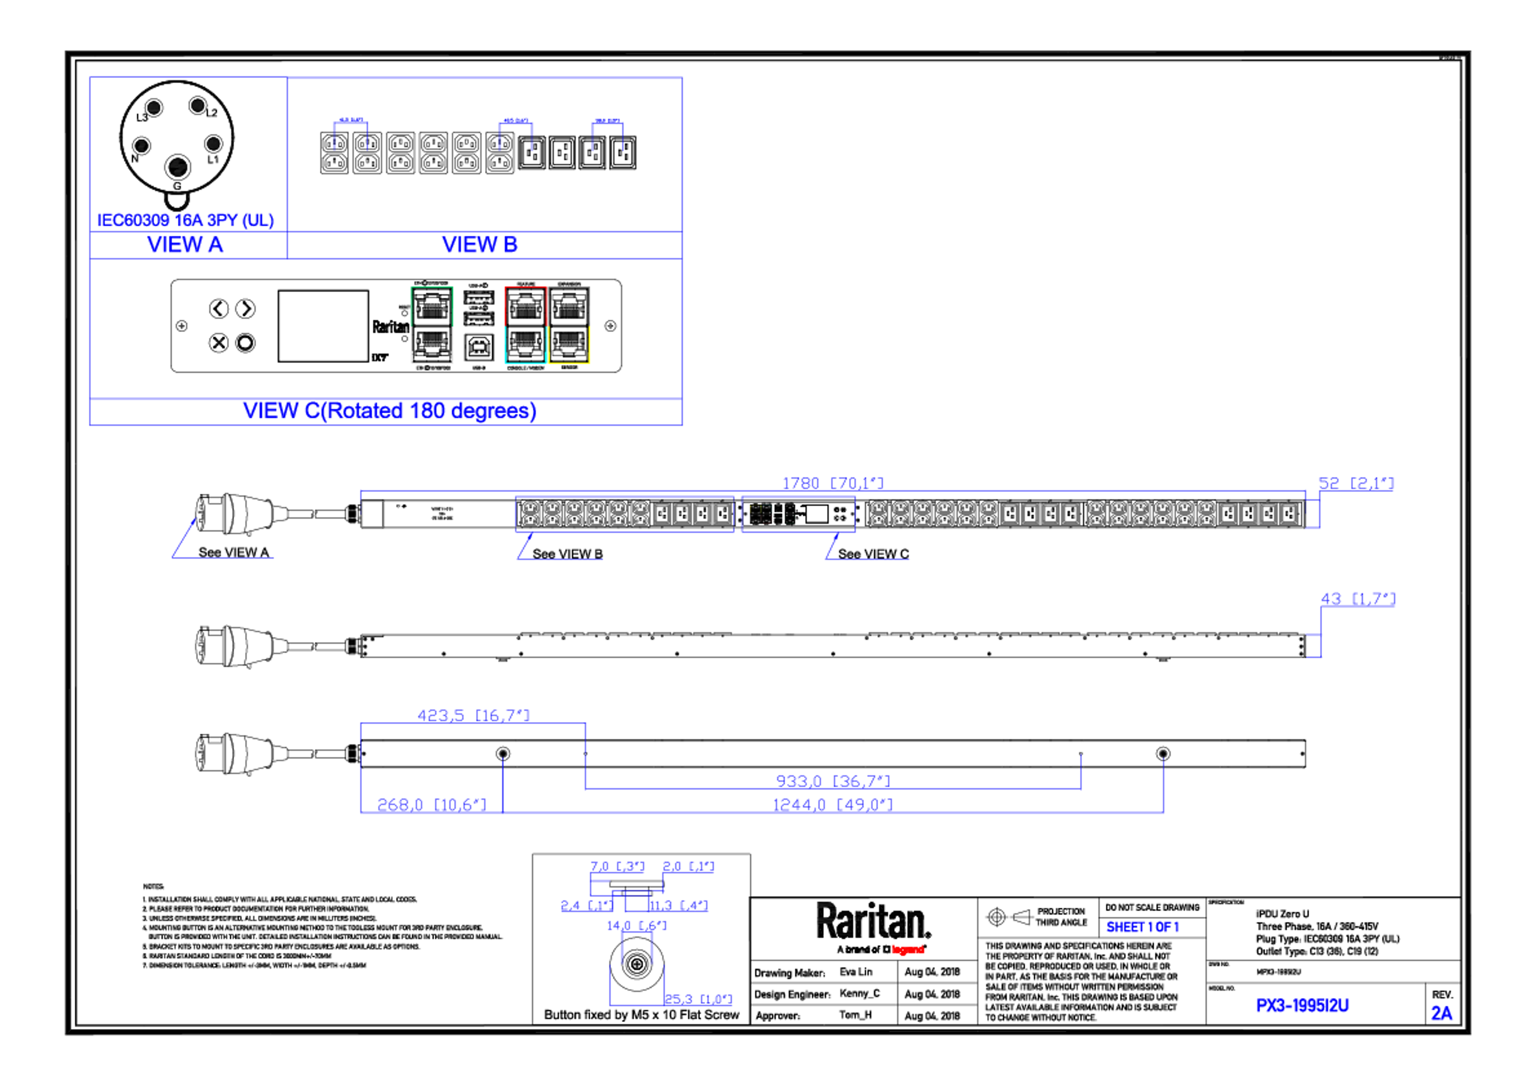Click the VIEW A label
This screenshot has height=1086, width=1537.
click(185, 245)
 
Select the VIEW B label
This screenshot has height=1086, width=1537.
click(479, 245)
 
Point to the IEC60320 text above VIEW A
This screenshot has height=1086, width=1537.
click(185, 220)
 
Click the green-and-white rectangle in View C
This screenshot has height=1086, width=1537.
click(432, 325)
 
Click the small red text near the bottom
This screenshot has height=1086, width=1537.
click(908, 949)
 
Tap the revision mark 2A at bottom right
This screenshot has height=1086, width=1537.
click(1441, 1013)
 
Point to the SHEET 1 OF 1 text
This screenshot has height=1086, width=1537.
click(1142, 928)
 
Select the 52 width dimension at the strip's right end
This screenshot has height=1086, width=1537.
click(1356, 483)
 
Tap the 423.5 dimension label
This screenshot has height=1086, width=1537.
click(473, 715)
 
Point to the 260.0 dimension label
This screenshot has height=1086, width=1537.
click(431, 803)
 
